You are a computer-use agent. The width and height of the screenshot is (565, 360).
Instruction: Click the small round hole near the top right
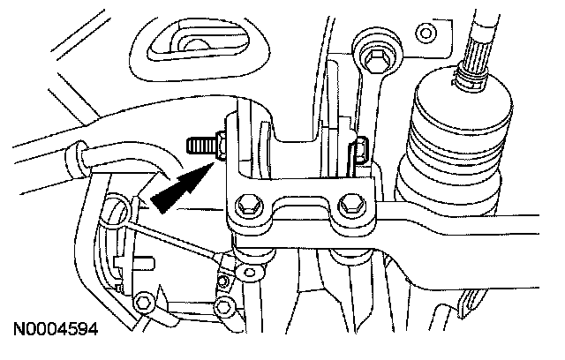tap(426, 35)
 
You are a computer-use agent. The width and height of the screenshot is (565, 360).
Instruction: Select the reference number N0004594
tap(54, 333)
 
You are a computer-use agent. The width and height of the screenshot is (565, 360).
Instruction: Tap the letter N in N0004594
tap(19, 333)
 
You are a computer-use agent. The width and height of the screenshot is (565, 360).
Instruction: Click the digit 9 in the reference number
tap(79, 333)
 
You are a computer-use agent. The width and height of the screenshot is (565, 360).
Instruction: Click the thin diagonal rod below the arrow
tap(172, 234)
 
